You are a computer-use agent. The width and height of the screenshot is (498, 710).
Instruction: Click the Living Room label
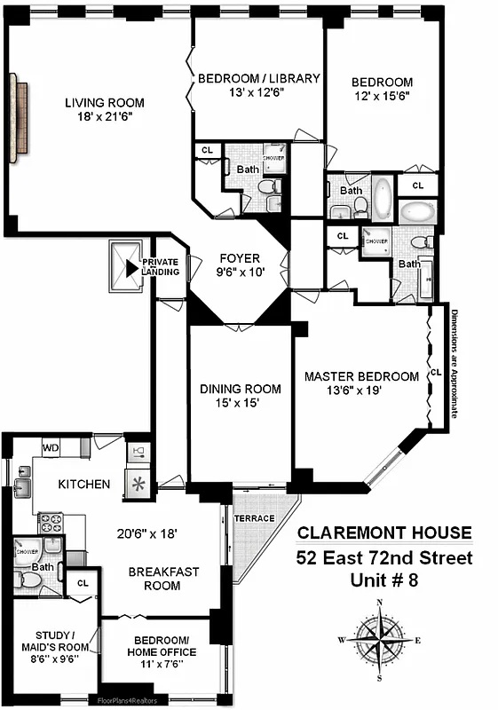pos(104,103)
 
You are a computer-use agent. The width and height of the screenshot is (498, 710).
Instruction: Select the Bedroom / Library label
pos(258,78)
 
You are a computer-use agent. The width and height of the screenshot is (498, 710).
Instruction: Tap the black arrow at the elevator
pos(131,266)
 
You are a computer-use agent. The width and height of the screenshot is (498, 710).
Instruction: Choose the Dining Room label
pos(240,389)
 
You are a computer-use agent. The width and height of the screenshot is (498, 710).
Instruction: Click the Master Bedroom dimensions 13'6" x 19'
pos(360,392)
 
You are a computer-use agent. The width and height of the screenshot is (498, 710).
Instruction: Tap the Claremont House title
pos(384,533)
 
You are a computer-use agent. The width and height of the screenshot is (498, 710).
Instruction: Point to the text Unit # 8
pos(384,581)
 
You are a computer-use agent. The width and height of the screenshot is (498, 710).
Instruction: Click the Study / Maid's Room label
pos(50,641)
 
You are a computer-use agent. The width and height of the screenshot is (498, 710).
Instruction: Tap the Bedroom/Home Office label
pos(165,646)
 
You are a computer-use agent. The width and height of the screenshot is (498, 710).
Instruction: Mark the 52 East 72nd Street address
pos(384,558)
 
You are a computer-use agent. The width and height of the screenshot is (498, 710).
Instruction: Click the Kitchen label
pos(84,484)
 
